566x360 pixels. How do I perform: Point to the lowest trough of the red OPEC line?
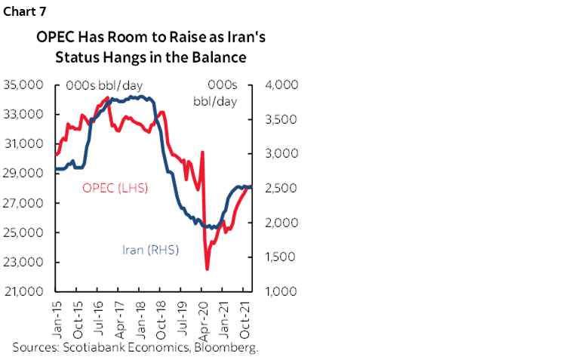pyautogui.click(x=207, y=268)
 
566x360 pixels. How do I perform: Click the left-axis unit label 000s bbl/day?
pyautogui.click(x=104, y=85)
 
